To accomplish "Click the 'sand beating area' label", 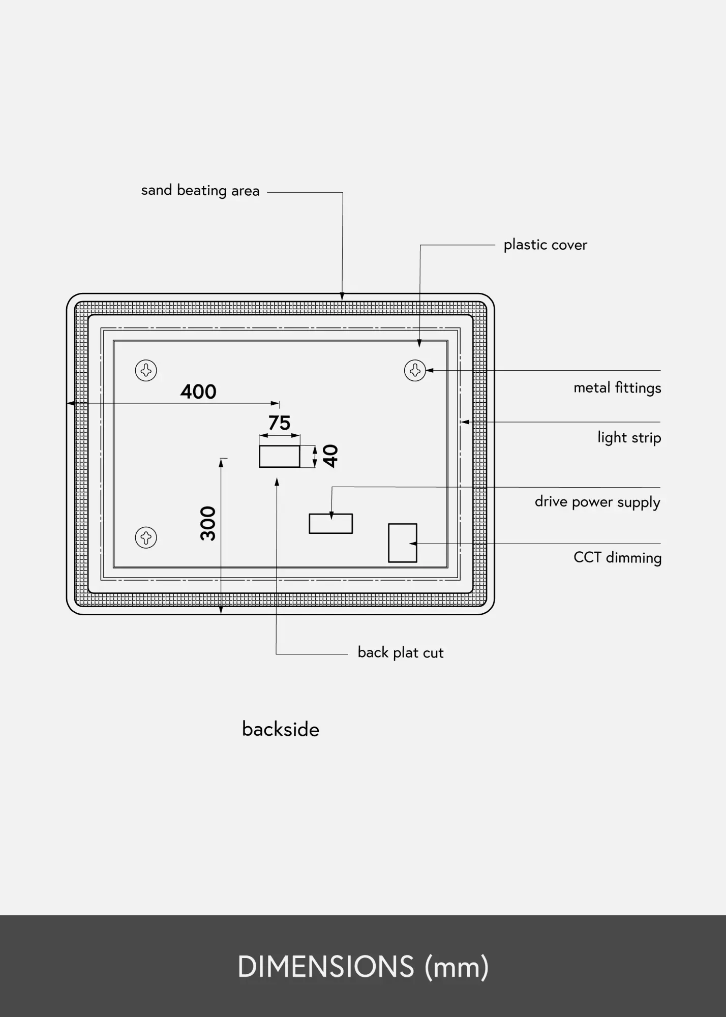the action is coord(200,191).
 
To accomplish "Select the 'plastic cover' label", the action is coord(545,245).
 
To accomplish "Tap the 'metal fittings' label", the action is coord(617,388).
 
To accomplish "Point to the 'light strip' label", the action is coord(629,438).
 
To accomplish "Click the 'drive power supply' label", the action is coord(597,502).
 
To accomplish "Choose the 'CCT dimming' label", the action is coord(617,558).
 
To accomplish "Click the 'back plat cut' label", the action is coord(401,652).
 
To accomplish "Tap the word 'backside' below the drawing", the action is coord(281,729).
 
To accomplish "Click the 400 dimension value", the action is coord(198,392).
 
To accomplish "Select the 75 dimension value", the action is coord(279,423).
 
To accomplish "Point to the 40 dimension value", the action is coord(331,456).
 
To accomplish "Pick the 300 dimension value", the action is coord(208,524).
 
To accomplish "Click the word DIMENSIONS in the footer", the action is coord(326,967).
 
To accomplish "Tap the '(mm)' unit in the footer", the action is coord(457,967).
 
